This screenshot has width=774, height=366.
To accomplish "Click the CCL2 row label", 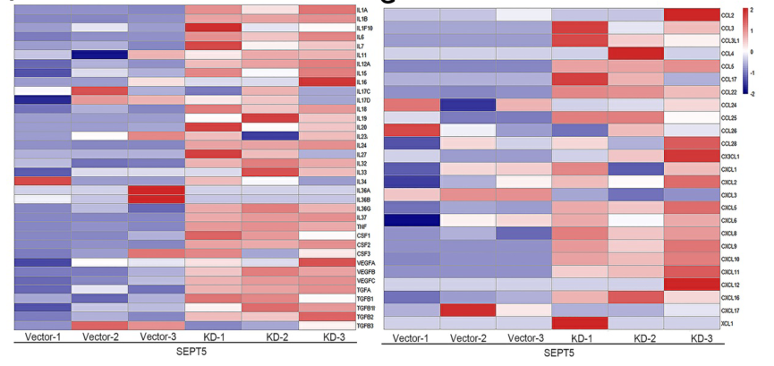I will tap(727, 15).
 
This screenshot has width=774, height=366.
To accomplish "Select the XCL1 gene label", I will tap(727, 322).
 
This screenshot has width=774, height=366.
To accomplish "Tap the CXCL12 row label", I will tap(730, 284).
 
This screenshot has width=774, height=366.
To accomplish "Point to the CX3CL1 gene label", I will tap(730, 156).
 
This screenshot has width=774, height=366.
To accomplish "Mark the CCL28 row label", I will tap(728, 143).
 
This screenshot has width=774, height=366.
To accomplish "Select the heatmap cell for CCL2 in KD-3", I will tap(689, 15).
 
